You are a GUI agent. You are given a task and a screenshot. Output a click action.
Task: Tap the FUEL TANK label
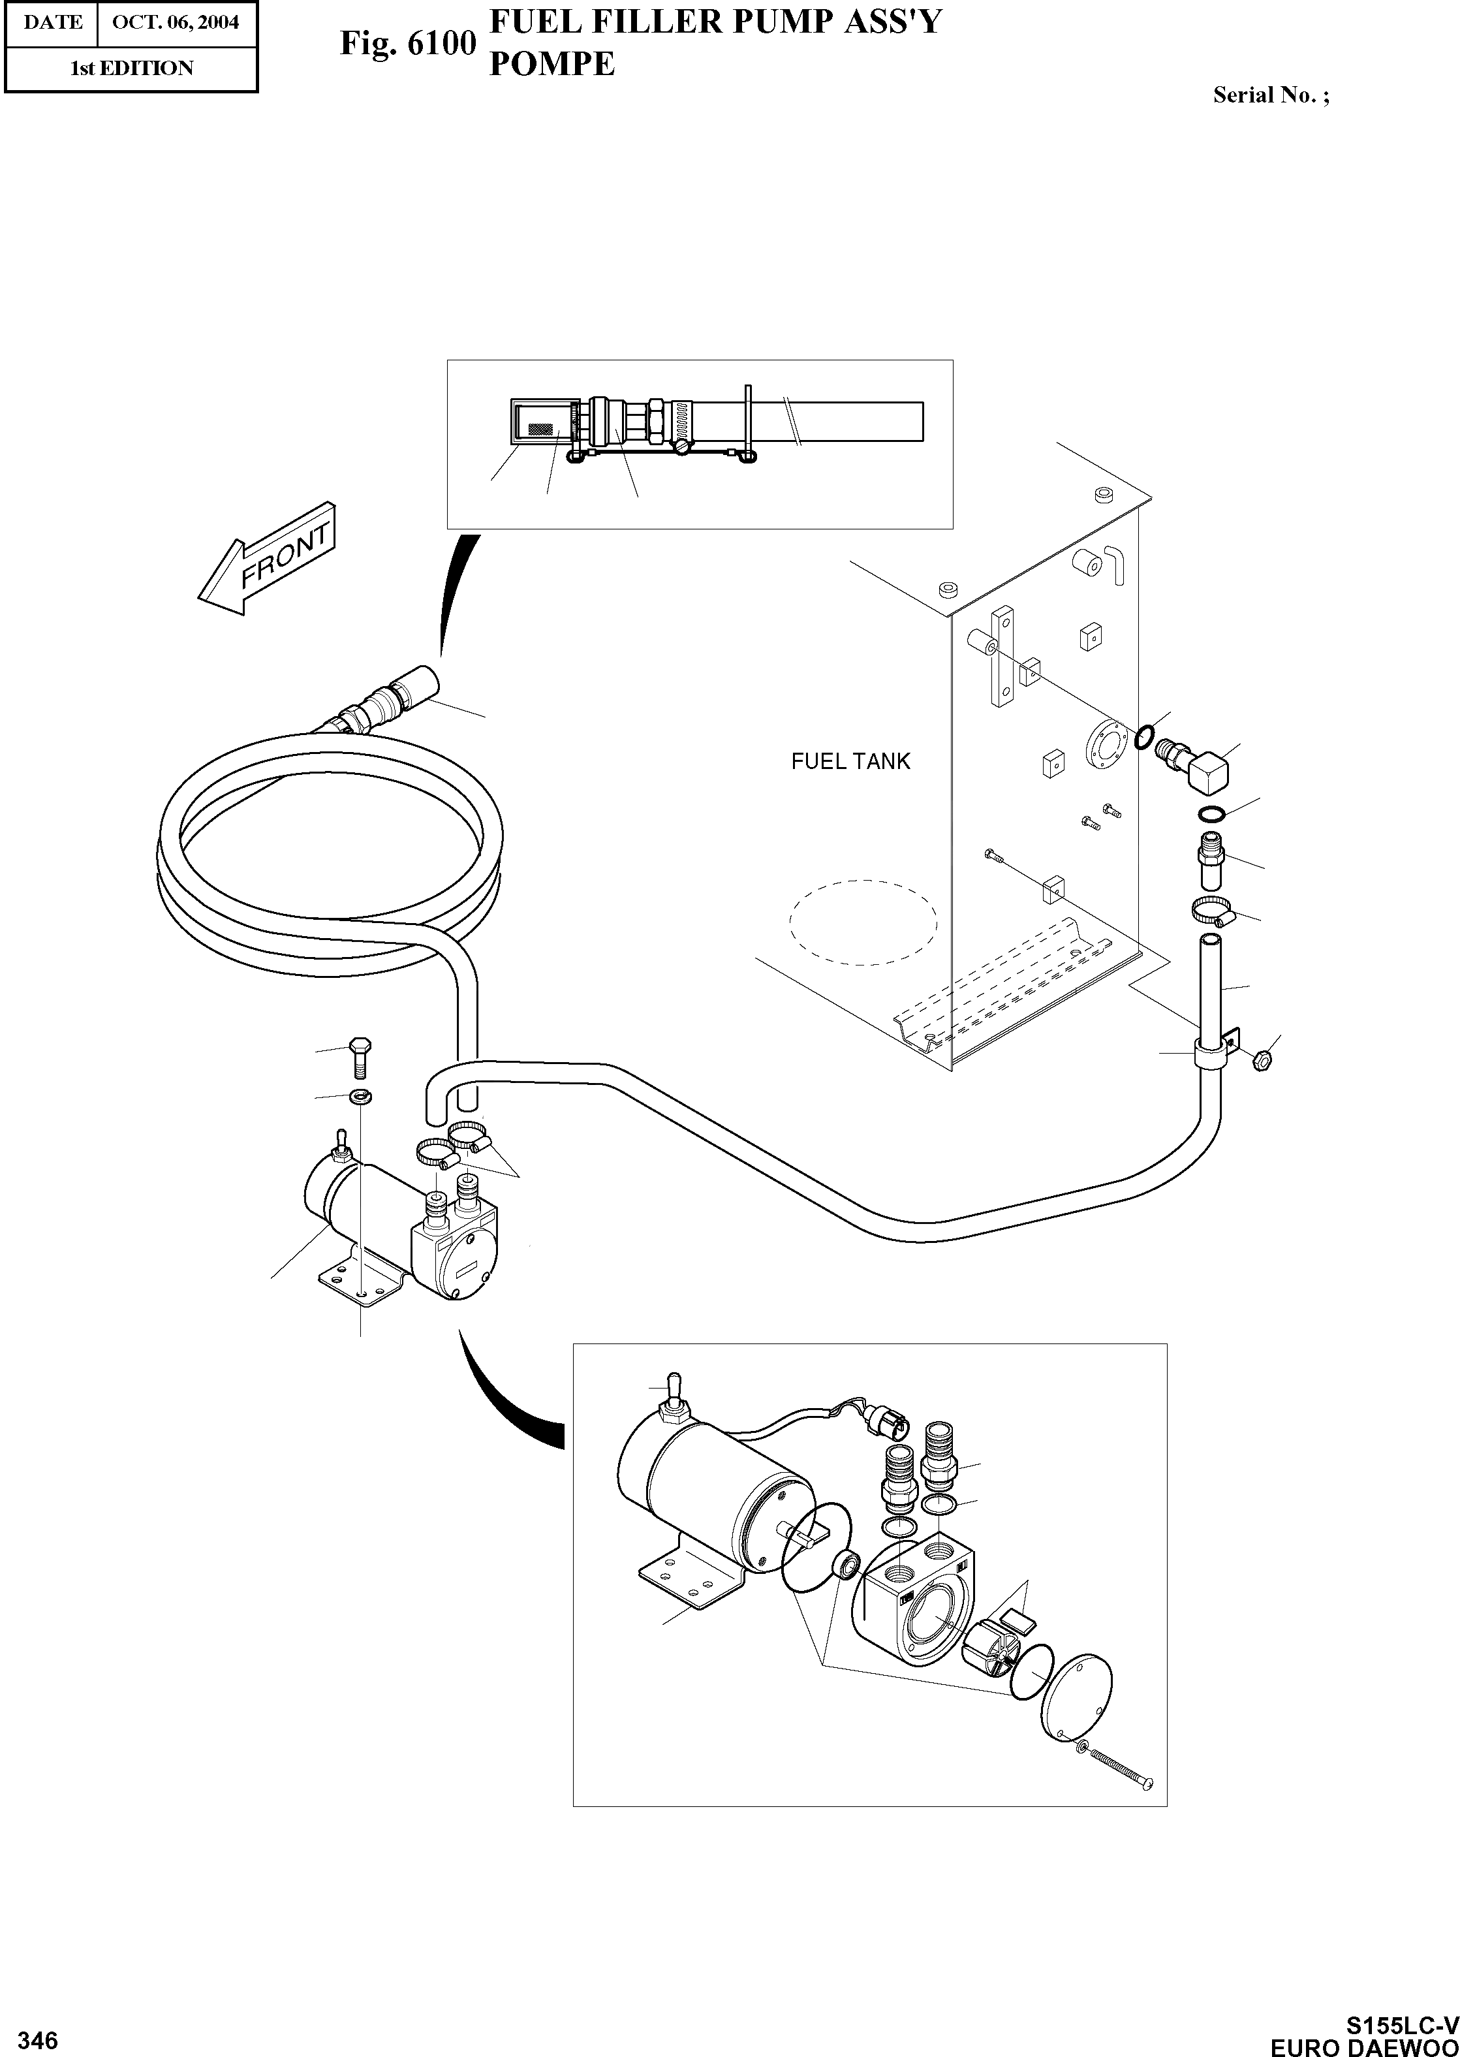[x=850, y=761]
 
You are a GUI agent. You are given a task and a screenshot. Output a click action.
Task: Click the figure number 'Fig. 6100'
[x=407, y=42]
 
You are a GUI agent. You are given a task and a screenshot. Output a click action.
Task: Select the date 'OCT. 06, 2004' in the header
[x=176, y=22]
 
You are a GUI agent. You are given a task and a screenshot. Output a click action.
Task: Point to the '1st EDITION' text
[x=131, y=69]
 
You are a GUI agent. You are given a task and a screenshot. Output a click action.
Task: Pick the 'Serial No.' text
[x=1270, y=95]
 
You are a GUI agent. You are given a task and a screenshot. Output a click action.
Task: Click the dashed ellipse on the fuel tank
[x=863, y=922]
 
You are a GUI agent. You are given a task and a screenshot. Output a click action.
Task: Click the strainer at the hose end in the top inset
[x=539, y=421]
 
